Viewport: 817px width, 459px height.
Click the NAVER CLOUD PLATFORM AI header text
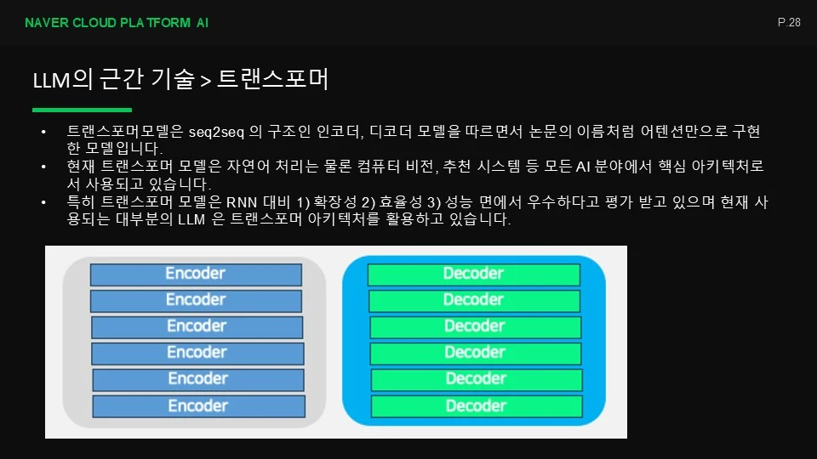117,23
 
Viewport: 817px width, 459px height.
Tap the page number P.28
789,22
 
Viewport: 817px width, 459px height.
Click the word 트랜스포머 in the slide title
272,79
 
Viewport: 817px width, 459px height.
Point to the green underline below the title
82,110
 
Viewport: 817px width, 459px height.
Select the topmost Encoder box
196,275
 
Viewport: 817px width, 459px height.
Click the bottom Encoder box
198,406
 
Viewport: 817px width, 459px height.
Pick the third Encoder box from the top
197,326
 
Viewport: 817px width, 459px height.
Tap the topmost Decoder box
474,275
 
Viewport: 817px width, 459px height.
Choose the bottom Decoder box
477,406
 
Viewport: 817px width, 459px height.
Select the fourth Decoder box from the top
475,353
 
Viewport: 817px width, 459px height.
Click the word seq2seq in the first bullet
216,133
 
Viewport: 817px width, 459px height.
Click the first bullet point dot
43,133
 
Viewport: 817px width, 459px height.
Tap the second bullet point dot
43,167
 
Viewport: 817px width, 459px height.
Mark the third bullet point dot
43,202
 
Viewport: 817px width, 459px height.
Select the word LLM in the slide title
52,81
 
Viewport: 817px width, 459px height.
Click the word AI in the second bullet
582,167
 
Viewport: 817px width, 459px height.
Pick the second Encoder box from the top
196,301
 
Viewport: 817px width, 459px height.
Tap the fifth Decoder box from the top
477,379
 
